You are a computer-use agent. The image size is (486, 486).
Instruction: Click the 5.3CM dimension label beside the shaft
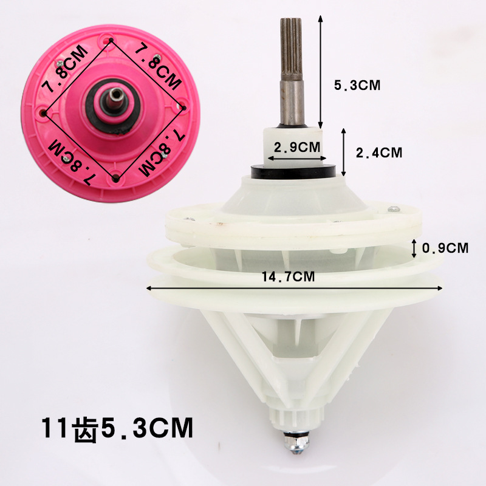[357, 85]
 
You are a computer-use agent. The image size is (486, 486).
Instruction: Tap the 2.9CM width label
[297, 147]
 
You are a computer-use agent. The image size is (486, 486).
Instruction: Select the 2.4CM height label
[378, 152]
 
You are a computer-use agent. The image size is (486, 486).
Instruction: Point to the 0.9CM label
[445, 248]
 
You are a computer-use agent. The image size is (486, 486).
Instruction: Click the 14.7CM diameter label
[288, 276]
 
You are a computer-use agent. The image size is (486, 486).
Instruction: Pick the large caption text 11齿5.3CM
[117, 428]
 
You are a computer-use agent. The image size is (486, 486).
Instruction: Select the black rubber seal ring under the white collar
[293, 172]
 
